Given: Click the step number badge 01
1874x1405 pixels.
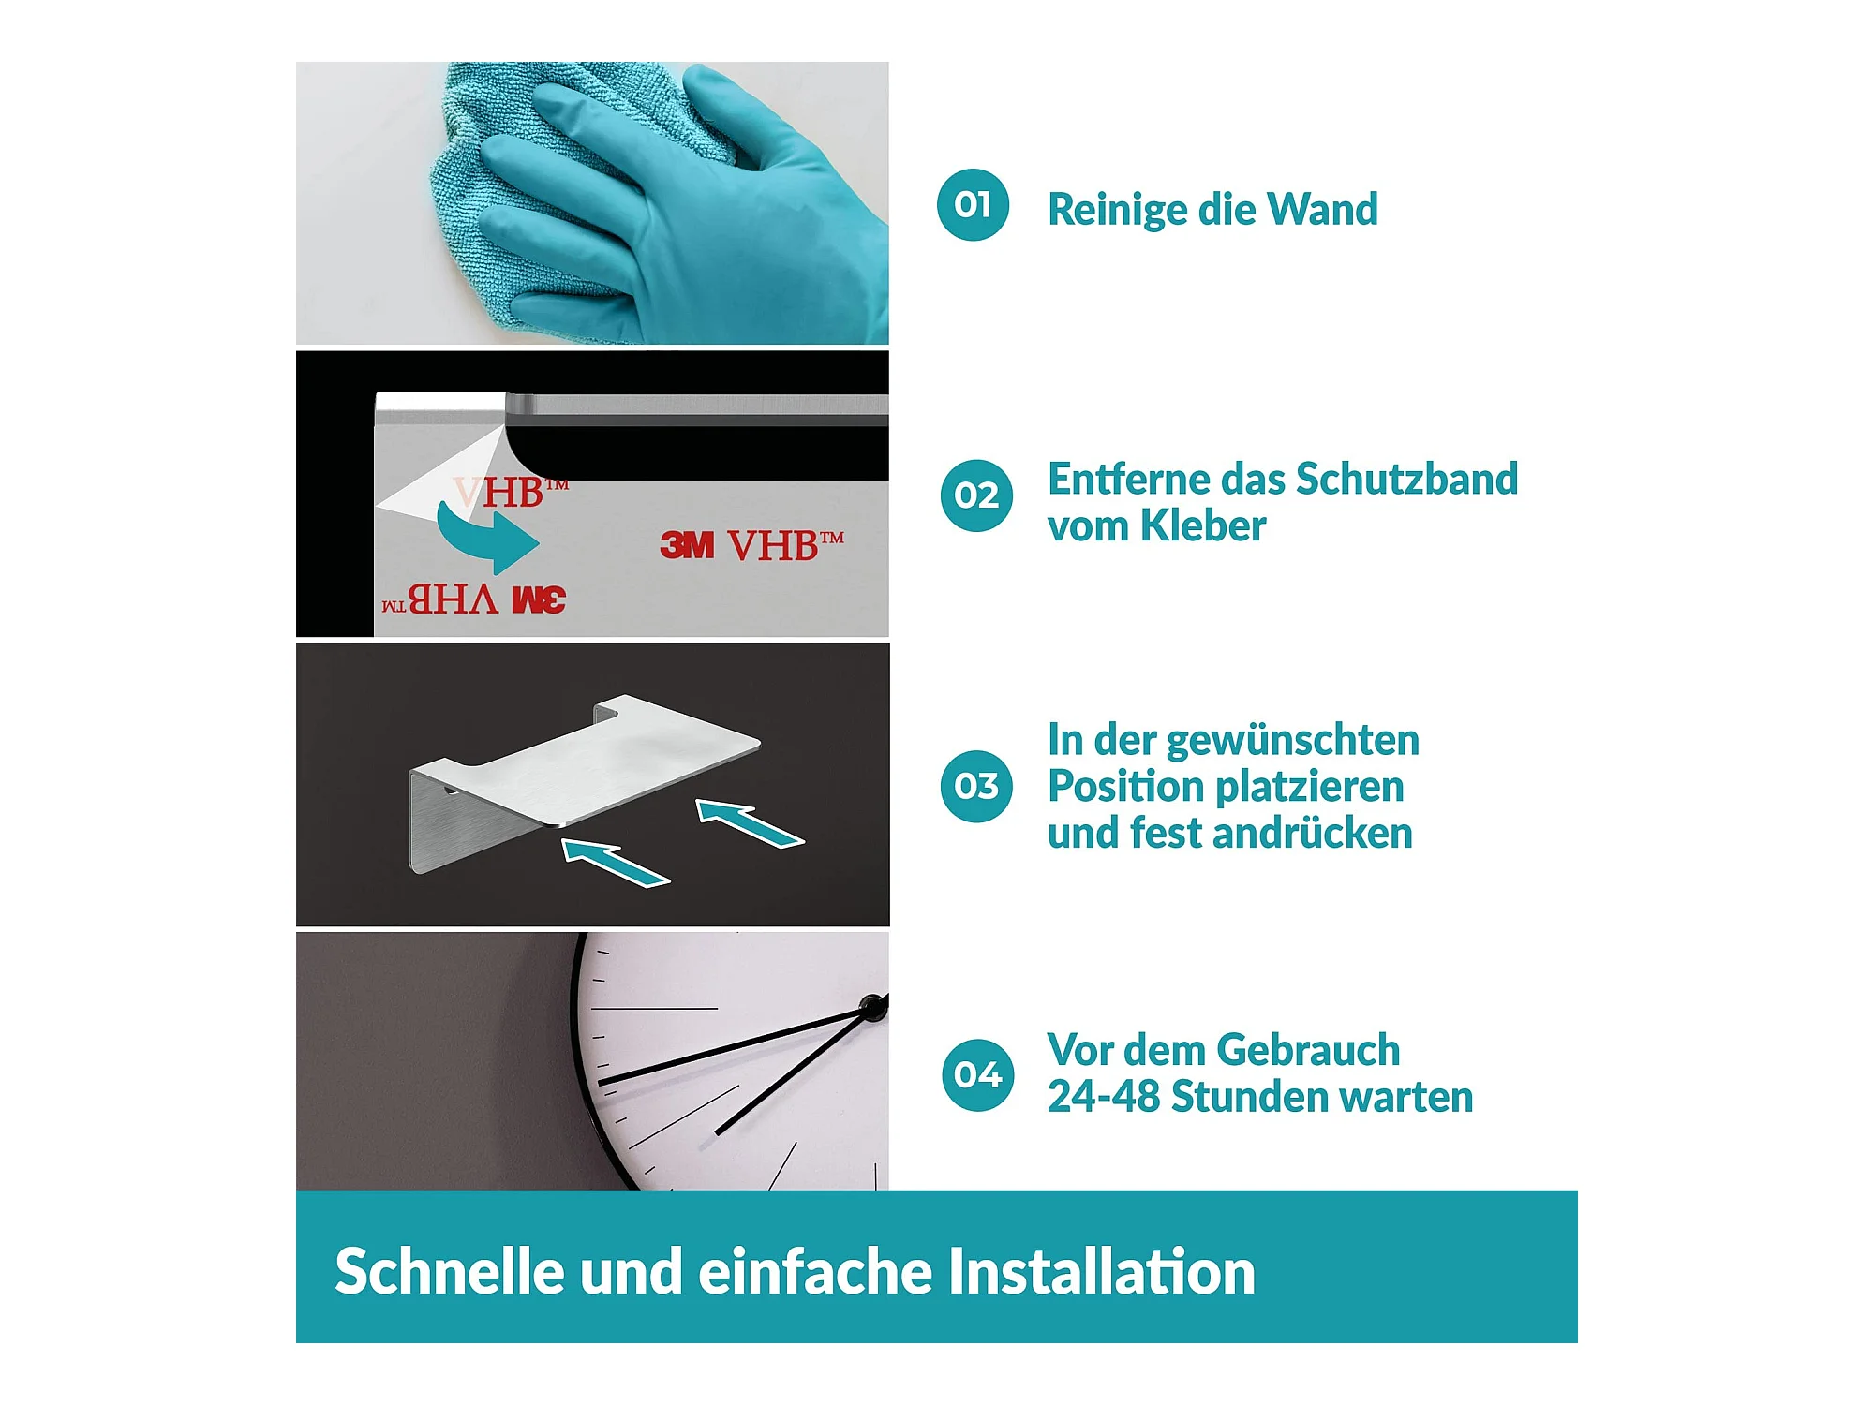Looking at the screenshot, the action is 973,205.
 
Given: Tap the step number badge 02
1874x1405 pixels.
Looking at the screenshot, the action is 976,495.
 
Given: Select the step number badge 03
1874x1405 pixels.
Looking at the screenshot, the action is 976,786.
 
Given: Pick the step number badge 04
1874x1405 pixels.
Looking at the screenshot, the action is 977,1075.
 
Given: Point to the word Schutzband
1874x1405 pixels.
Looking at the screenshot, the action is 1406,479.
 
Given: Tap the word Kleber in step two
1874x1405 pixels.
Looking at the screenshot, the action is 1203,525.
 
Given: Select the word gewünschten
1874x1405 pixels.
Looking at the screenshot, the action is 1293,740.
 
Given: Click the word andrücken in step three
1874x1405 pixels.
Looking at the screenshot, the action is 1319,833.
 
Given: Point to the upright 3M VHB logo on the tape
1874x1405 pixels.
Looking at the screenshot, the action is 751,544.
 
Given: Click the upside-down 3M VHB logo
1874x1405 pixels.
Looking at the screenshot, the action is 474,599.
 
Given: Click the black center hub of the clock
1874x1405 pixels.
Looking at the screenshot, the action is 874,1007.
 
